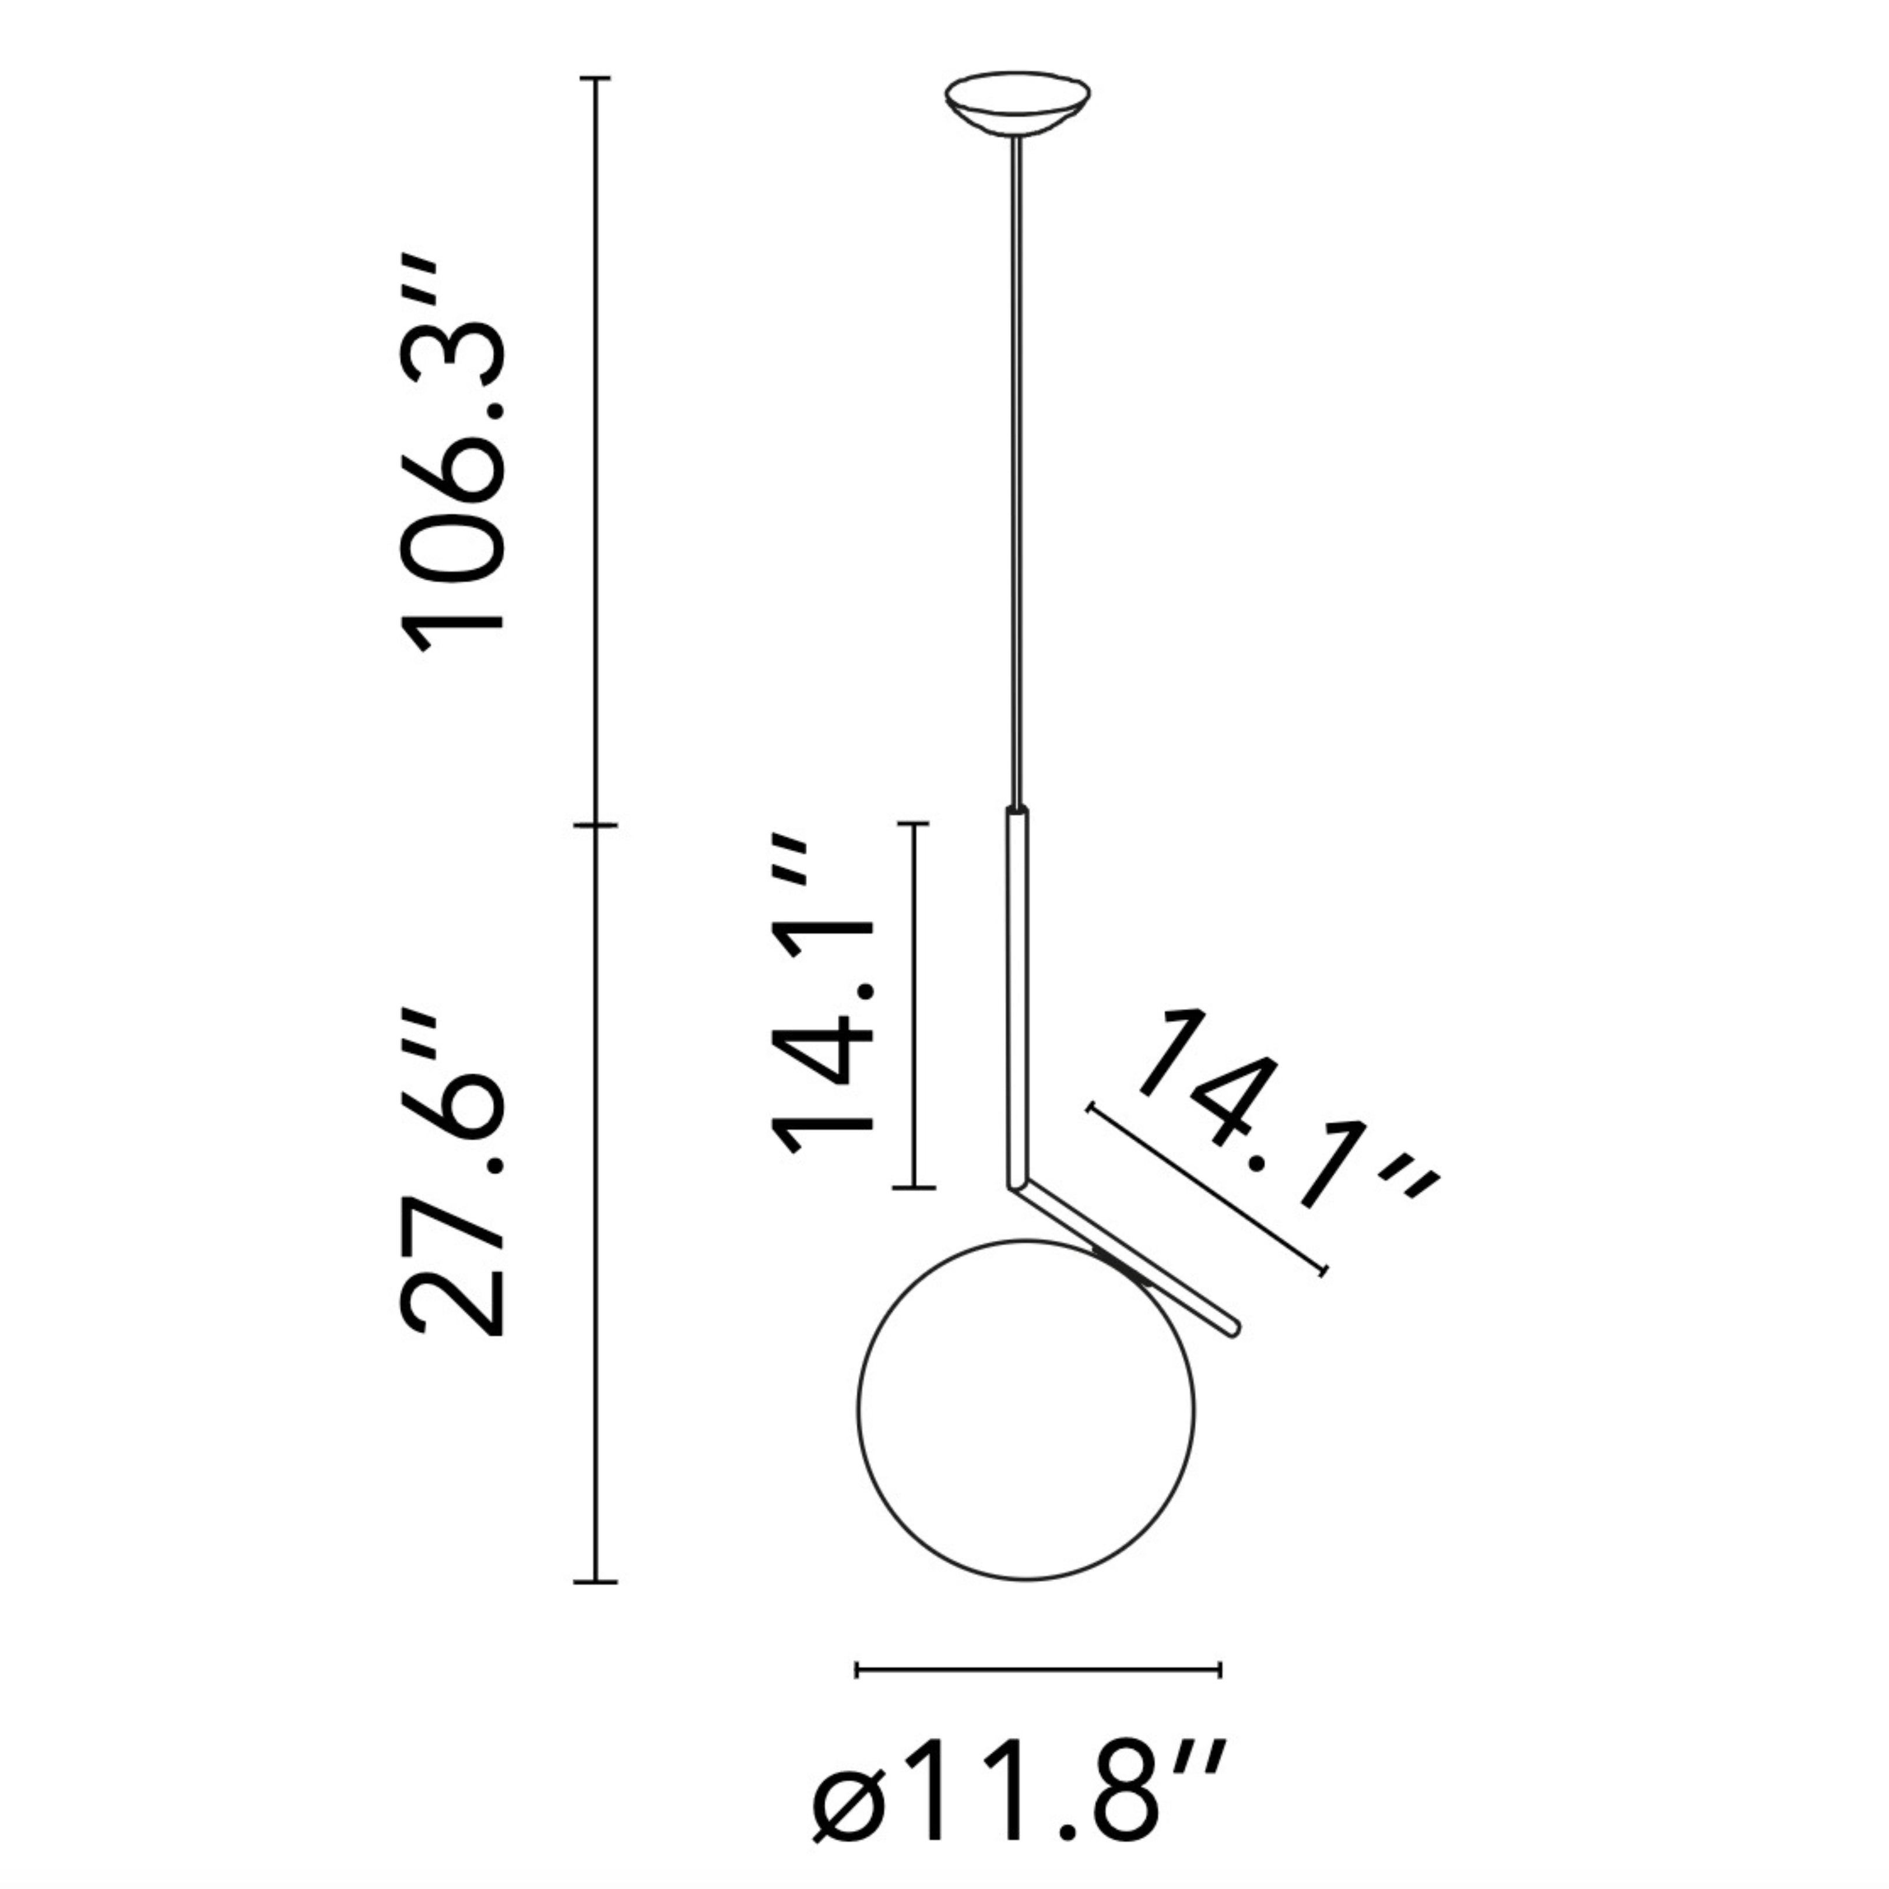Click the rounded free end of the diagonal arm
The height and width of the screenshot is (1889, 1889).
click(1235, 1329)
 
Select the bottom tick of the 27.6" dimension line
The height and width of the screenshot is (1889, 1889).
click(595, 1581)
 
